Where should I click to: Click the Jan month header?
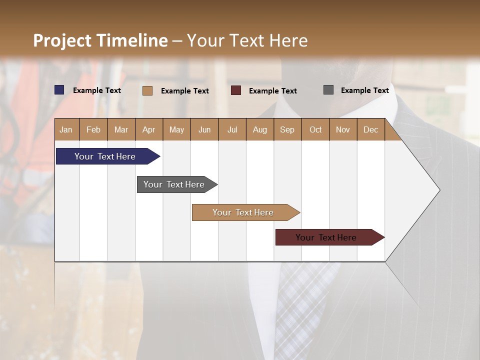point(66,129)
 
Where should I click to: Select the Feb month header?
point(93,129)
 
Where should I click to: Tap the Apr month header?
point(149,129)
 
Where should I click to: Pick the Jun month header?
point(204,129)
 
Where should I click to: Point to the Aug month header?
point(260,129)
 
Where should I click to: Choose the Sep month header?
point(287,129)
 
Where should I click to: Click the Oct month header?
point(315,129)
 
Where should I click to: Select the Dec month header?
point(371,129)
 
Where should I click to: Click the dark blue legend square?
point(59,90)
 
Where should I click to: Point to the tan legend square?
point(147,90)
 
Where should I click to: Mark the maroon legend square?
point(236,90)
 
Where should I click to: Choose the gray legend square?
point(328,90)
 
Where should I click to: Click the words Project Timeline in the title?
point(100,40)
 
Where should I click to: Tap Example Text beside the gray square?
point(364,90)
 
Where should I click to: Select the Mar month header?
point(121,129)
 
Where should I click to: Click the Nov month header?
point(343,129)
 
